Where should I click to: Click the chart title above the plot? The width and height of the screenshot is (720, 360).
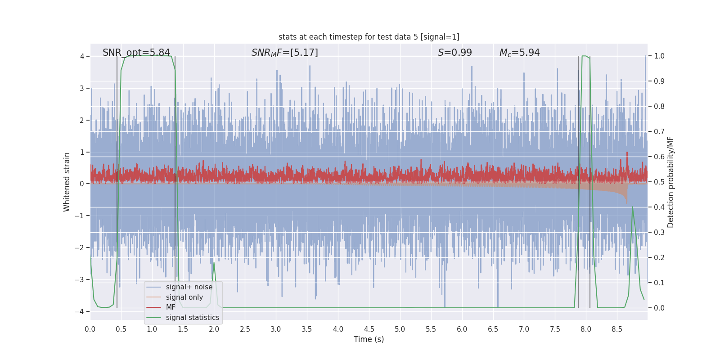[369, 37]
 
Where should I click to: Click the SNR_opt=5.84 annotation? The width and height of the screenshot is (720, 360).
[136, 53]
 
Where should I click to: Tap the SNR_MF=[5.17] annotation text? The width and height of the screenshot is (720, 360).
[284, 53]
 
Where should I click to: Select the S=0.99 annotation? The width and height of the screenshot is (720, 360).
[454, 53]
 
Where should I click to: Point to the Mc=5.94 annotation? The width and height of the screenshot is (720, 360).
[519, 53]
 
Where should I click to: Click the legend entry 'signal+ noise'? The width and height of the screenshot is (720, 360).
[189, 287]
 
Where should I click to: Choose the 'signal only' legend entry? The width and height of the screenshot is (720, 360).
[184, 297]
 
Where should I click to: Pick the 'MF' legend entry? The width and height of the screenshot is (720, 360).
[171, 307]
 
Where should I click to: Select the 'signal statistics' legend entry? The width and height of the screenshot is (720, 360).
[192, 318]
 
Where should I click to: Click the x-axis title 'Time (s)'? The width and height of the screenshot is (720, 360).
[369, 339]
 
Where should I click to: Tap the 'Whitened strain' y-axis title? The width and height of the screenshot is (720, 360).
[67, 182]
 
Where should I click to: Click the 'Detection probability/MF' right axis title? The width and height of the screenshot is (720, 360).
[670, 182]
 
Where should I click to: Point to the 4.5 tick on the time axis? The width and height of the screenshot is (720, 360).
[369, 329]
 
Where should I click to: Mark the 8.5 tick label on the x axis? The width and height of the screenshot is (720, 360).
[617, 329]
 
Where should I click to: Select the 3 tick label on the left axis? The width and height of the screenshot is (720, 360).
[82, 88]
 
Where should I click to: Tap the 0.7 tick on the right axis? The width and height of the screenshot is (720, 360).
[659, 132]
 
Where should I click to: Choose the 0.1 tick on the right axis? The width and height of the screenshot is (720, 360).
[659, 283]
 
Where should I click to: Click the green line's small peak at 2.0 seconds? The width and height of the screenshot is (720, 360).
[214, 263]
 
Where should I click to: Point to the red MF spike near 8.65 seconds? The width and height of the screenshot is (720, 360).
[627, 153]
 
